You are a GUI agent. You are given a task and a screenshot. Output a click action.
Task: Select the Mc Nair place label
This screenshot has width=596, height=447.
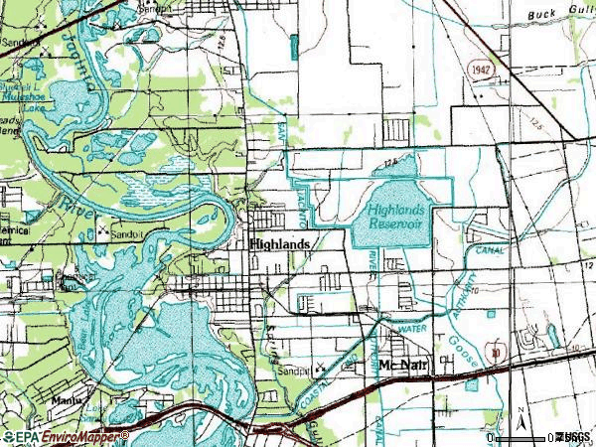click(x=401, y=365)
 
